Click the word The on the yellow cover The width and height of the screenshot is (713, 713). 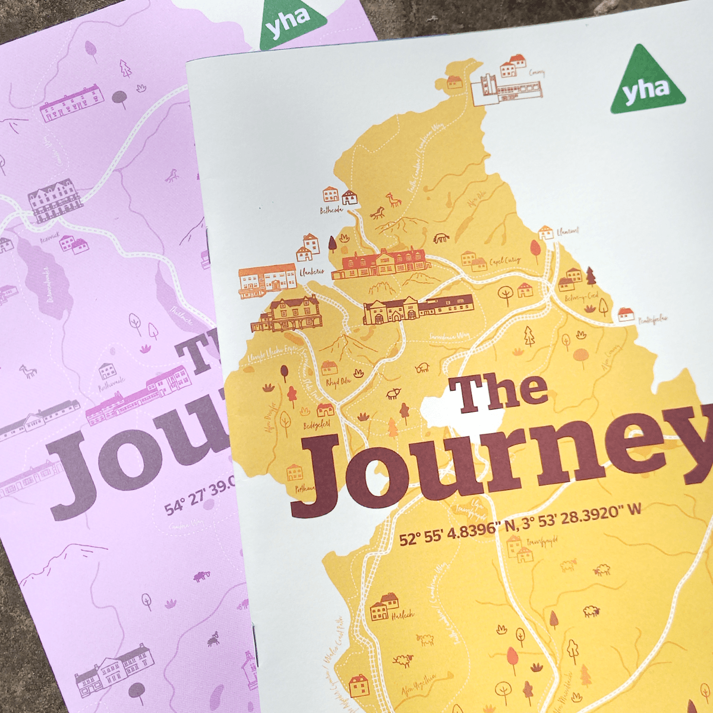coord(499,393)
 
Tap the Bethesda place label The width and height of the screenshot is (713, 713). coord(332,210)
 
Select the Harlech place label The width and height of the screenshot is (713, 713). coord(402,615)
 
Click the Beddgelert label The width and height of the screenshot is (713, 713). coord(317,425)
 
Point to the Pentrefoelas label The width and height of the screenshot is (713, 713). coord(652,319)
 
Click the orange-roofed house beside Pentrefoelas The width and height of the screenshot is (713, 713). coord(625,314)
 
